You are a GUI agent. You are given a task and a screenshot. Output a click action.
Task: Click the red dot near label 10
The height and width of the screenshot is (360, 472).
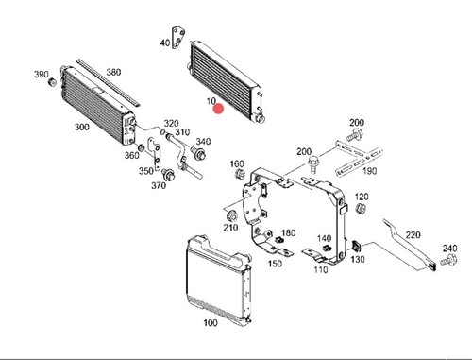pos(218,109)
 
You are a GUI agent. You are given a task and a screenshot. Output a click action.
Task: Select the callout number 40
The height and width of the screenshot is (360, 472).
pos(165,43)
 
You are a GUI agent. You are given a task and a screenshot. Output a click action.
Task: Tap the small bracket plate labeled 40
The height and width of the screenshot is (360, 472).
pos(177,38)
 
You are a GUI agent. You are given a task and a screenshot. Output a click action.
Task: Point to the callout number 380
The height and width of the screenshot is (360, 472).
pos(113,72)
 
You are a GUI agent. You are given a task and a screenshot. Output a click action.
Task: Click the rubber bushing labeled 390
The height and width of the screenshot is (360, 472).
pos(52,82)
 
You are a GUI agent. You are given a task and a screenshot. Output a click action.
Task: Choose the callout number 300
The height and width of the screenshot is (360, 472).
pos(81,127)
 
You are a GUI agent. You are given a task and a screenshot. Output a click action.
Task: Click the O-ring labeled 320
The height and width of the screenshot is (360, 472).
pos(162,131)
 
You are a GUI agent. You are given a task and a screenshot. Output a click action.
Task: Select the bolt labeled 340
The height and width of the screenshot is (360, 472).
pos(198,154)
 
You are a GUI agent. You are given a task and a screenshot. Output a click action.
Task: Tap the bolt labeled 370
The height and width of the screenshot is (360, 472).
pos(168,175)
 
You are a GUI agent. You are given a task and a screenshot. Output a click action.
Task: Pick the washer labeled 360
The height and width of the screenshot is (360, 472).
pos(142,147)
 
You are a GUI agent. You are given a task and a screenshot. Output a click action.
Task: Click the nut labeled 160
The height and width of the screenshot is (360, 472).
pos(240,174)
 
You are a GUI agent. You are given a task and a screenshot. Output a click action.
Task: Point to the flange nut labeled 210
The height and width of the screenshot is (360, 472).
pos(232,216)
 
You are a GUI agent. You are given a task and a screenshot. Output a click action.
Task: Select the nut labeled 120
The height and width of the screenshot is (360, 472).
pos(361,208)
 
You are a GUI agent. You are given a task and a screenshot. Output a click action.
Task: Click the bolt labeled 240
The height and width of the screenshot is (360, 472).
pos(448,260)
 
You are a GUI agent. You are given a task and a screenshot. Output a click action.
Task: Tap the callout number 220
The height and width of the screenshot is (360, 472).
pos(413,235)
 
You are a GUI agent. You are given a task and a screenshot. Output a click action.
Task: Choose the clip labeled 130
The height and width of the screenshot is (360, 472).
pos(356,246)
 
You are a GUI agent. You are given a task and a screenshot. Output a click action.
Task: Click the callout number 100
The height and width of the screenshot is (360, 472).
pos(211,323)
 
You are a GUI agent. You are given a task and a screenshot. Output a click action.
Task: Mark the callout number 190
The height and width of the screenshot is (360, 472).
pos(370,171)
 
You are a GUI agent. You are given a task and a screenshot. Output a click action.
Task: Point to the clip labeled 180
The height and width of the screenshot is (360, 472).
pos(278,240)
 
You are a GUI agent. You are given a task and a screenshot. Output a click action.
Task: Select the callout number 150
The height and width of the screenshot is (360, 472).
pos(275,264)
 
